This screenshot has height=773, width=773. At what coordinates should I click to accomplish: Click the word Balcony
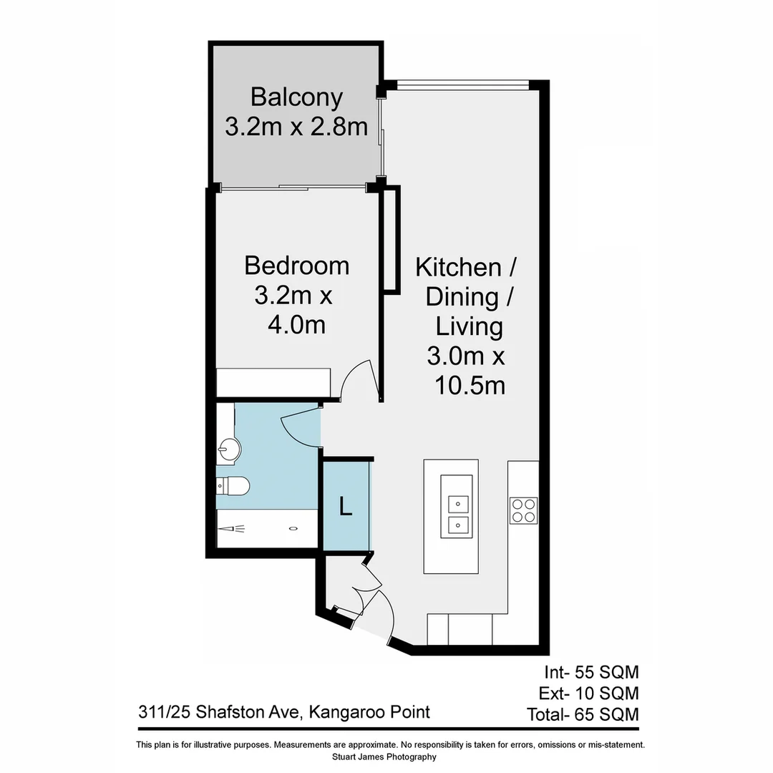(296, 97)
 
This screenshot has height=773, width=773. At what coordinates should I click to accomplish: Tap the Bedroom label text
(296, 266)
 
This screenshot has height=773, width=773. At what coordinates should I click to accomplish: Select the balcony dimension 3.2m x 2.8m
(296, 127)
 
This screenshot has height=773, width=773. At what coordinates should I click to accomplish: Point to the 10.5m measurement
(470, 386)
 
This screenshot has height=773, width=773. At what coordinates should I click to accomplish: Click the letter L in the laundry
(346, 507)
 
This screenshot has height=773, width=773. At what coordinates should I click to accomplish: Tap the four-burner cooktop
(523, 510)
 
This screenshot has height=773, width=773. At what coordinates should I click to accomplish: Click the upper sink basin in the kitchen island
(457, 504)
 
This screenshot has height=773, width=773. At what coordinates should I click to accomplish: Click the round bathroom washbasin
(229, 450)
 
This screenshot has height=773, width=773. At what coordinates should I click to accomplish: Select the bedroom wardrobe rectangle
(273, 382)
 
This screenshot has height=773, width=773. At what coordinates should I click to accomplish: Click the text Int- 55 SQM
(590, 672)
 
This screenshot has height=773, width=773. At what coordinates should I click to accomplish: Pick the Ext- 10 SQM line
(589, 693)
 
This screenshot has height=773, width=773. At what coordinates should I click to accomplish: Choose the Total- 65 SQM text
(583, 714)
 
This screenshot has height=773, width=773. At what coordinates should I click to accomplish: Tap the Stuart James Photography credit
(384, 757)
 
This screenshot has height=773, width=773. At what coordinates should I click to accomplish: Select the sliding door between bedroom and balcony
(293, 188)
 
